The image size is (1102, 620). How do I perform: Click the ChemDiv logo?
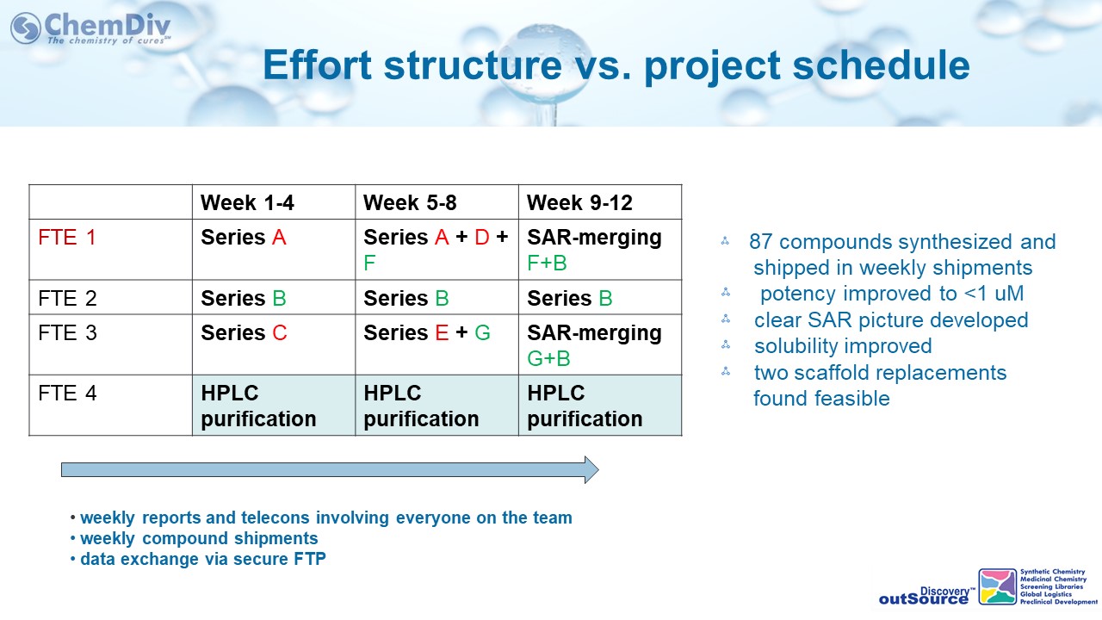tap(90, 28)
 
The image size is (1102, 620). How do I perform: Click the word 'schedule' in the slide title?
tap(881, 65)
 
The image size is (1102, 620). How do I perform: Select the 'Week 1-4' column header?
tap(247, 202)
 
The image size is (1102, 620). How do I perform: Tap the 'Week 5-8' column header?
tap(410, 202)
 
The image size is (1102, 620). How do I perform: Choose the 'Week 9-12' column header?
tap(579, 202)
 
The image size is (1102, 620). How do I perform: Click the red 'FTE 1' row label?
tap(67, 238)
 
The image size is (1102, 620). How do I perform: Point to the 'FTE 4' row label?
tap(67, 394)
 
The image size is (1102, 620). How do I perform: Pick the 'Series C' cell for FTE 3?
tap(244, 332)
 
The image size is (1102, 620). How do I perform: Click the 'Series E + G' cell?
tap(426, 332)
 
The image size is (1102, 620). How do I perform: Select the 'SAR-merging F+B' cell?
tap(594, 250)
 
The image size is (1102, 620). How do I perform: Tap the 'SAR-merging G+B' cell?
tap(594, 345)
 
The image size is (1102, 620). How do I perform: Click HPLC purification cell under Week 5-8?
tap(421, 406)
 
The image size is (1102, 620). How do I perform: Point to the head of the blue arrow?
tap(598, 470)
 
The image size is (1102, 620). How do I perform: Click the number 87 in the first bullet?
tap(760, 242)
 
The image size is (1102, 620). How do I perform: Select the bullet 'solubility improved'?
tap(843, 346)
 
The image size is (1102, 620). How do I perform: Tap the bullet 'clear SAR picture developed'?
tap(891, 319)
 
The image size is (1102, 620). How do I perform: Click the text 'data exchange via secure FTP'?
tap(202, 559)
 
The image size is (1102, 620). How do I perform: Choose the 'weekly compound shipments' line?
tap(199, 538)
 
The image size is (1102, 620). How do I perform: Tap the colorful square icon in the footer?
tap(997, 586)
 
